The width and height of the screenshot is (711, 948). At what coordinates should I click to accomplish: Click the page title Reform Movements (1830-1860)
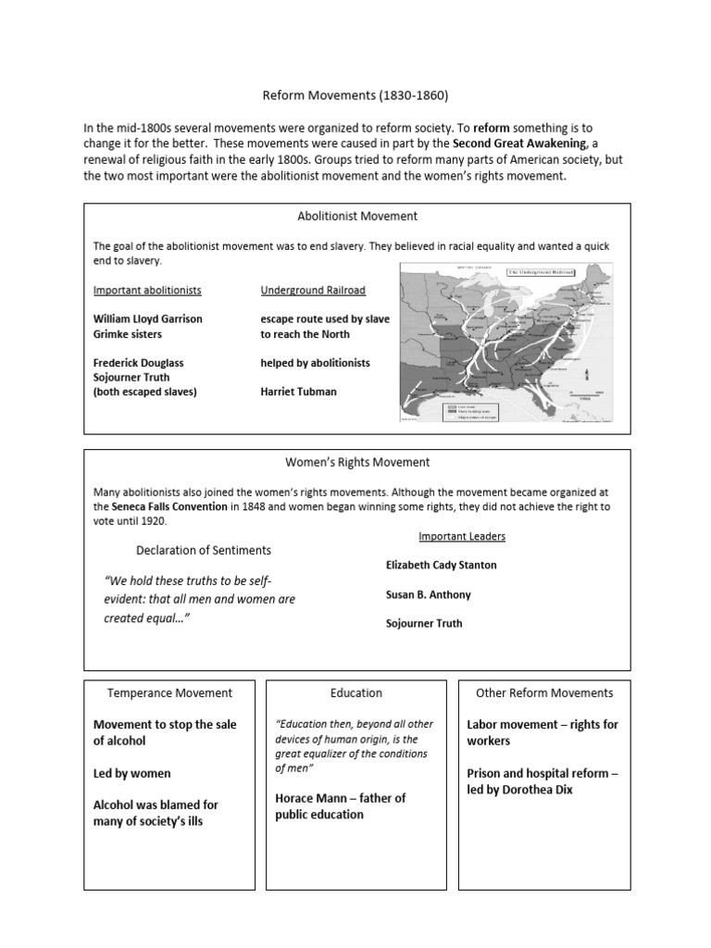356,94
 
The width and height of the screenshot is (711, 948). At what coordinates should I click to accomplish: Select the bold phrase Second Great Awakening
521,143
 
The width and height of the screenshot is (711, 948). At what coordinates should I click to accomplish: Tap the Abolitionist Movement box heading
356,216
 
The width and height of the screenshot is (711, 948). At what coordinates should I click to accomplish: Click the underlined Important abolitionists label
147,290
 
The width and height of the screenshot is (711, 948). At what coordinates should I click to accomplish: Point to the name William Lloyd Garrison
147,318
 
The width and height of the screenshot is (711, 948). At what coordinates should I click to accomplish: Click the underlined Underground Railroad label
313,290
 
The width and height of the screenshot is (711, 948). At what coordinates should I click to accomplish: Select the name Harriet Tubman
298,392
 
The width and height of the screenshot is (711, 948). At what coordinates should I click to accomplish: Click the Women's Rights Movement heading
356,462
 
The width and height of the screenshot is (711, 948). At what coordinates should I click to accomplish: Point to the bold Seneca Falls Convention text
169,507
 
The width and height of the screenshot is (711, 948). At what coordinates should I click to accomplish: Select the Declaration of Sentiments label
204,550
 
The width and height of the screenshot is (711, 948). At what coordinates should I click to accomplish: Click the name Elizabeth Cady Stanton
441,565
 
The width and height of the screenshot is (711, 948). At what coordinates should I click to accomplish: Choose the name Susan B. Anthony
428,594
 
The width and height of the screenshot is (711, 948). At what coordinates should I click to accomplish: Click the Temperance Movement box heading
169,692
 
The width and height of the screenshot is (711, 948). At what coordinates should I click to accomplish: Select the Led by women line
132,773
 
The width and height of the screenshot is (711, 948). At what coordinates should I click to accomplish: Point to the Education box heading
355,692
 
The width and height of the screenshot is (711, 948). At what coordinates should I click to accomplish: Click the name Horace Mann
310,798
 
